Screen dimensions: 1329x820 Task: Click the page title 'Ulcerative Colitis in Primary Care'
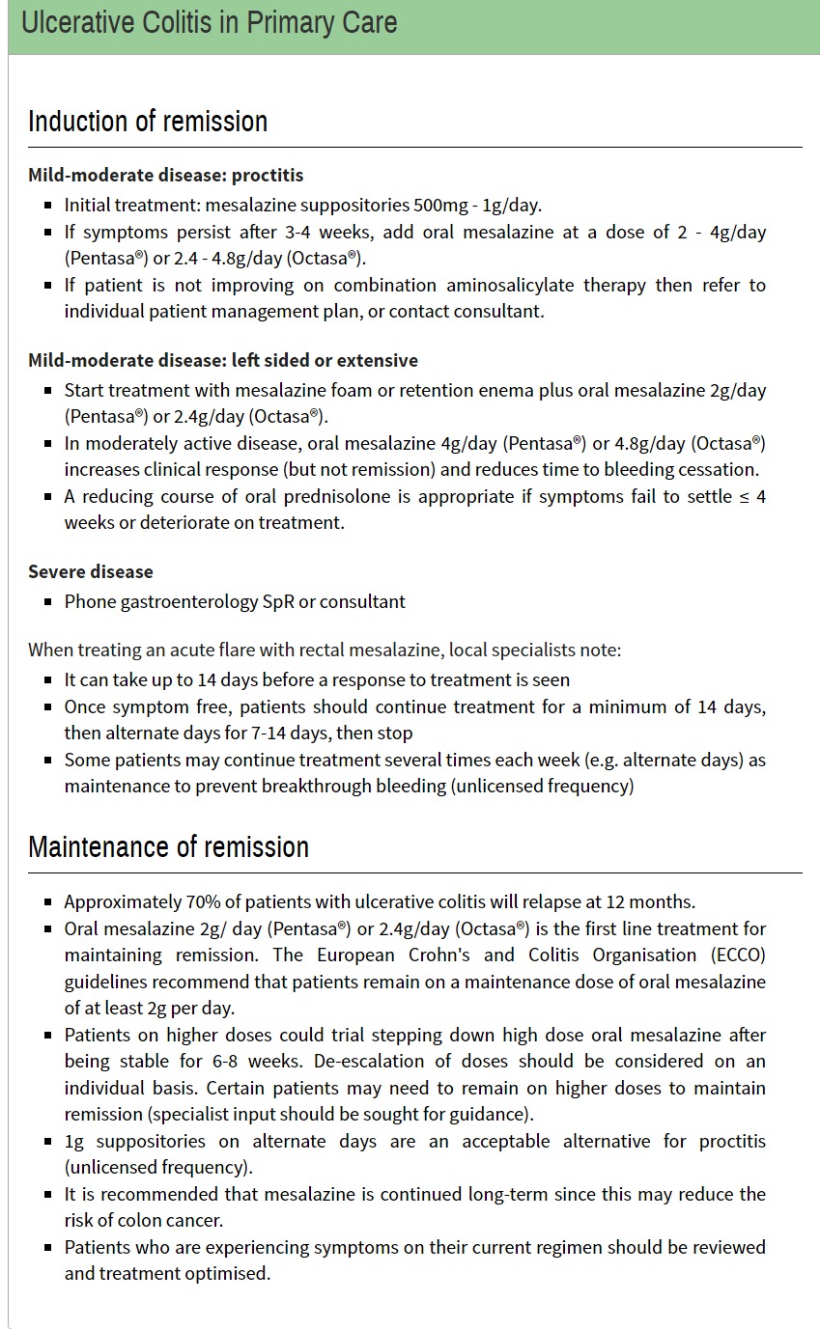[209, 23]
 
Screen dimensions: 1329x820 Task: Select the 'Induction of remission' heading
[148, 122]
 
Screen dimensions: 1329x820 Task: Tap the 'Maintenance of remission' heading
[168, 846]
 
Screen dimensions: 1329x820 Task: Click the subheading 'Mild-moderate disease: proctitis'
[165, 175]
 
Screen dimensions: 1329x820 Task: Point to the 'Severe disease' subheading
[91, 571]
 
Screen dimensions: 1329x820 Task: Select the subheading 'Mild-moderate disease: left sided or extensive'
[223, 360]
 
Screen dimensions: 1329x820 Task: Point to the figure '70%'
[204, 901]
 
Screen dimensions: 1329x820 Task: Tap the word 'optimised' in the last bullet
[232, 1273]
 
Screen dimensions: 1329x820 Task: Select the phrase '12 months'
[648, 901]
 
